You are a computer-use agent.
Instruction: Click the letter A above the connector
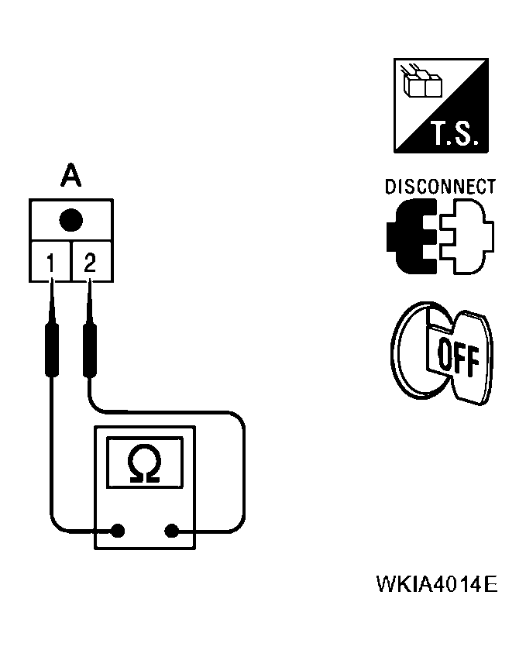point(70,177)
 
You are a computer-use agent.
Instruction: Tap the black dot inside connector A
point(70,220)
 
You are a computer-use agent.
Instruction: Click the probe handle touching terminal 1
point(53,349)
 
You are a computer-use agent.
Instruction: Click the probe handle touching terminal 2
point(90,349)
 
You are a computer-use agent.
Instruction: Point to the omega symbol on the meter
point(146,464)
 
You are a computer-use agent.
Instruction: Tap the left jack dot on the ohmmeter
point(118,531)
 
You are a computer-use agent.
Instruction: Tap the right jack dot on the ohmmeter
point(172,531)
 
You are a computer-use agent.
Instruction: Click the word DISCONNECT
point(440,187)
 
